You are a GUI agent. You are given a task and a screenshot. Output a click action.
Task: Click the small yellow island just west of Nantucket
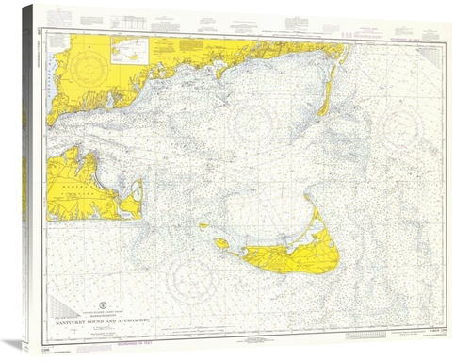(221, 243)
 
